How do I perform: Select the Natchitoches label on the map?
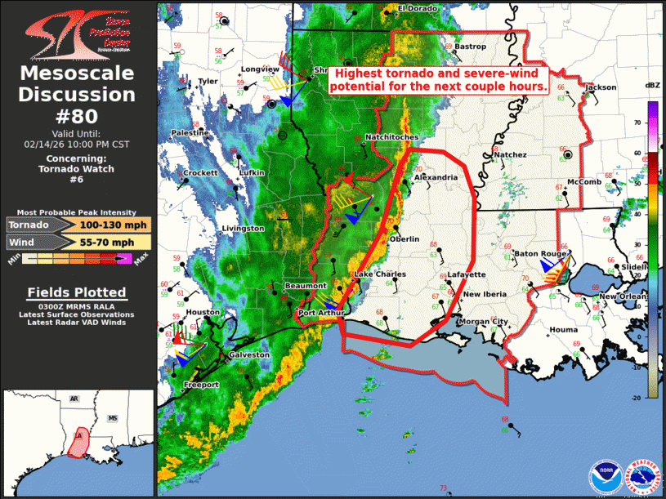[391, 136]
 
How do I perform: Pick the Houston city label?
[203, 312]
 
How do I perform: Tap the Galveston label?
[249, 354]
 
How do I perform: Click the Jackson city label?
[600, 87]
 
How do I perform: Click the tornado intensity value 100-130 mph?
[114, 225]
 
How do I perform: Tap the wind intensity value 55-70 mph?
[114, 243]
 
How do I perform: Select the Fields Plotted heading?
[77, 292]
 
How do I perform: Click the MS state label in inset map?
[114, 418]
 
